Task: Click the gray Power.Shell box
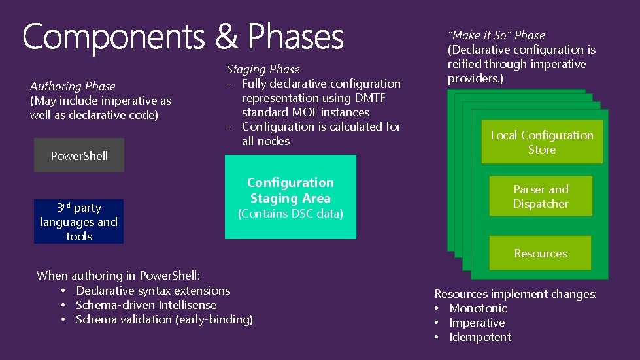(79, 155)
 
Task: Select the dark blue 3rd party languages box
(78, 221)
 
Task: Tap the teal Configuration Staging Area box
(290, 197)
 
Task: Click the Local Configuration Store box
(542, 142)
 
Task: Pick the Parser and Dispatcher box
(541, 197)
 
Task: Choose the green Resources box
(540, 253)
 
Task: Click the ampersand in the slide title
(227, 37)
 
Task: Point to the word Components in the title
(114, 37)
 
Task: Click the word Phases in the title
(295, 37)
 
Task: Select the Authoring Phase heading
(73, 86)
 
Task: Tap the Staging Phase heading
(263, 69)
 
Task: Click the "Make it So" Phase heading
(496, 35)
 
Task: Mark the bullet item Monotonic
(478, 308)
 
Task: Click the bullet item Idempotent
(480, 337)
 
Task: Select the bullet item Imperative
(477, 323)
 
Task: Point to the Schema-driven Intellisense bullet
(146, 305)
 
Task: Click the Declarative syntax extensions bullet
(153, 291)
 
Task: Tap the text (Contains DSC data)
(290, 214)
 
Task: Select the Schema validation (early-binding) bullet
(164, 319)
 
